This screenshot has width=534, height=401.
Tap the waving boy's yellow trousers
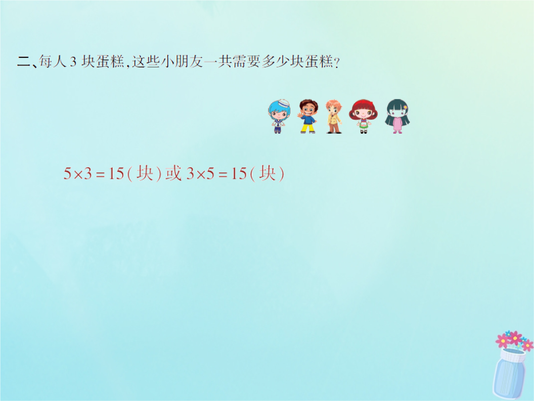[x=308, y=128]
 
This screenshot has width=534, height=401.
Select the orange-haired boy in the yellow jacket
[x=333, y=116]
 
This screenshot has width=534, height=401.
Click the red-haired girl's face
[x=363, y=112]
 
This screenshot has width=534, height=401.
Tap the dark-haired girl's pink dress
[x=397, y=124]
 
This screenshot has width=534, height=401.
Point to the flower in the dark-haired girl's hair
[x=405, y=107]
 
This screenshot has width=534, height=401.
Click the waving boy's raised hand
[x=300, y=115]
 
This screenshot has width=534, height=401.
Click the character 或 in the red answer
[x=174, y=173]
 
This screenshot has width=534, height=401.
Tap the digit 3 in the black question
[x=73, y=62]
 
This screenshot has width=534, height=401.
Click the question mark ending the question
[x=337, y=63]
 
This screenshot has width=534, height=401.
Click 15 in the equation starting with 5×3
[x=116, y=174]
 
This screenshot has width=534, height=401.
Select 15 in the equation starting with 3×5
[x=239, y=174]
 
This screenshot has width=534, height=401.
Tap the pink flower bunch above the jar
[x=514, y=340]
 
